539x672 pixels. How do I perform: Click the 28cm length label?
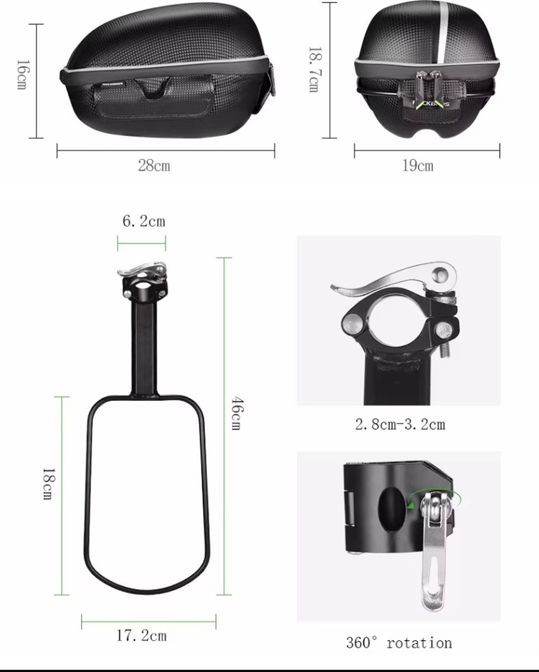(154, 165)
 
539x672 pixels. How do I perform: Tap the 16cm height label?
(22, 75)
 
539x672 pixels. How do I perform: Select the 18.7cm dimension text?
(315, 69)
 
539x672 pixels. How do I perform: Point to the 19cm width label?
(418, 165)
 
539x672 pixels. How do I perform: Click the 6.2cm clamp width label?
(144, 221)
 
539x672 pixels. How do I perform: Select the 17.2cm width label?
(142, 636)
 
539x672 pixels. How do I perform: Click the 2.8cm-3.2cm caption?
(400, 424)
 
